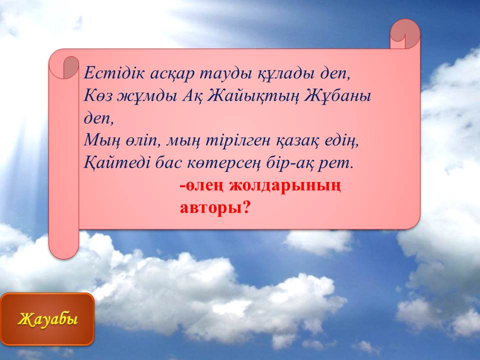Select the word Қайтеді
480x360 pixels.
pos(117,163)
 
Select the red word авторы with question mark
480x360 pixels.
pos(215,208)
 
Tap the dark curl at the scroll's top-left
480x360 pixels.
pos(71,67)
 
